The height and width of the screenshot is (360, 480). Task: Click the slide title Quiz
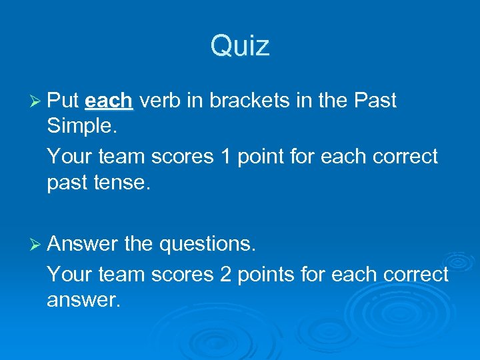pyautogui.click(x=240, y=46)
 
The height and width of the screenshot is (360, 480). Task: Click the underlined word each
pyautogui.click(x=110, y=101)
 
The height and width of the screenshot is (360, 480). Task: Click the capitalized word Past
pyautogui.click(x=375, y=101)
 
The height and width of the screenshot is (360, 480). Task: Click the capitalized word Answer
pyautogui.click(x=83, y=245)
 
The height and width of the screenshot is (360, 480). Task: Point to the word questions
pyautogui.click(x=207, y=245)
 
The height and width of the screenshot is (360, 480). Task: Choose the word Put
pyautogui.click(x=63, y=101)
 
